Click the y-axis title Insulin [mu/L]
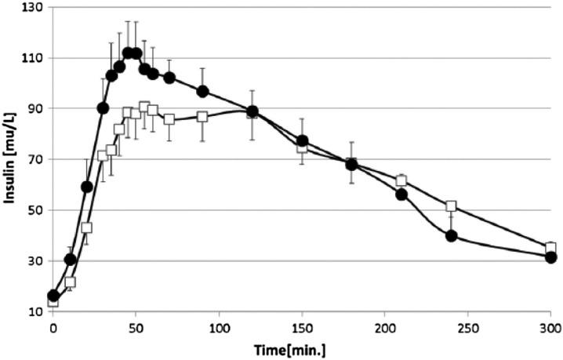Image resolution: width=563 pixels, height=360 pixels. [10, 160]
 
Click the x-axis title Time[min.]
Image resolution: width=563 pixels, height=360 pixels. [302, 349]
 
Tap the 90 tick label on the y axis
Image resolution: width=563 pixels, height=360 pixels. [35, 108]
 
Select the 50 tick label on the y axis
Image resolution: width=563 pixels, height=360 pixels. [35, 210]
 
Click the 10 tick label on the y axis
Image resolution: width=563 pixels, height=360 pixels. [35, 311]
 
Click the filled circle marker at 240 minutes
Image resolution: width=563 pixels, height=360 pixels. [451, 235]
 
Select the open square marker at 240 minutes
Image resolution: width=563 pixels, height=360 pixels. [451, 206]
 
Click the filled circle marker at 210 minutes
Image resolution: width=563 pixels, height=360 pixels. [401, 195]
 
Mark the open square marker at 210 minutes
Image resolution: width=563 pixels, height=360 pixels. [401, 180]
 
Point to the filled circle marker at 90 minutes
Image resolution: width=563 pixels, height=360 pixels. [202, 91]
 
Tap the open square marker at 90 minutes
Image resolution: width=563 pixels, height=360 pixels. [202, 117]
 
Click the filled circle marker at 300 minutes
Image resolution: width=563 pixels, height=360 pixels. [550, 257]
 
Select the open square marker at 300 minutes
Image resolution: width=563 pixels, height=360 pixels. [550, 248]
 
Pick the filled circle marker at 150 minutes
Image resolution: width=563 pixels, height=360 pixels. [302, 141]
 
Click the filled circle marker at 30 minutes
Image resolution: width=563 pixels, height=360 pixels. [103, 108]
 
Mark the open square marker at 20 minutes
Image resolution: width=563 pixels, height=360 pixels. [86, 227]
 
